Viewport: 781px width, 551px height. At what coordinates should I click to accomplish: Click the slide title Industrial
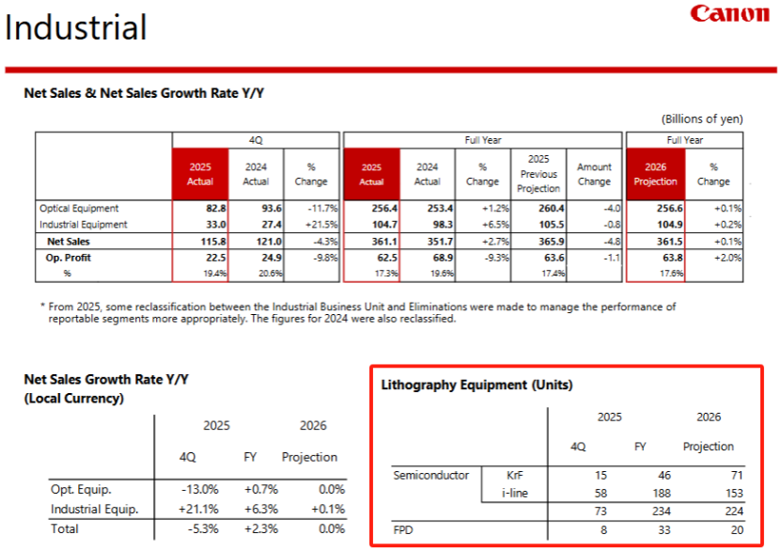(x=76, y=27)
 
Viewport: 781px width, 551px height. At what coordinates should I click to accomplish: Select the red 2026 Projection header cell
(x=655, y=174)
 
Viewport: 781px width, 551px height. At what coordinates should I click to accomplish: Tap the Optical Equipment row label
(x=79, y=208)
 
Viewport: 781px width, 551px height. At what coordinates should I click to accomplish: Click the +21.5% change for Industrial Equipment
(x=311, y=226)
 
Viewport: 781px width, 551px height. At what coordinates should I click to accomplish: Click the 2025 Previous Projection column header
(x=539, y=174)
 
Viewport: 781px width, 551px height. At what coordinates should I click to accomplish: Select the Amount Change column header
(x=594, y=174)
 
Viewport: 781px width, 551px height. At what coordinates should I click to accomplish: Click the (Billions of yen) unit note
(x=702, y=118)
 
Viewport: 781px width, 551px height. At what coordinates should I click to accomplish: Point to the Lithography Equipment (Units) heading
(x=476, y=385)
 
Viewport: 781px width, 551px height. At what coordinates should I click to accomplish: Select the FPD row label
(x=403, y=530)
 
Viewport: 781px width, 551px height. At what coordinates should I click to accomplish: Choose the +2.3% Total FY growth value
(x=254, y=529)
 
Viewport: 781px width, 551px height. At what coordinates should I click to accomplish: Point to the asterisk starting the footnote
(x=42, y=307)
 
